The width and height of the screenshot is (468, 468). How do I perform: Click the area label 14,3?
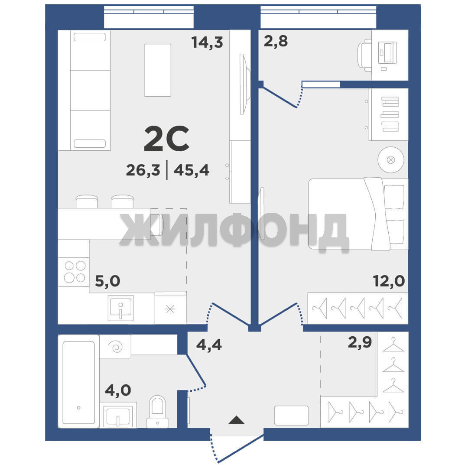(207, 42)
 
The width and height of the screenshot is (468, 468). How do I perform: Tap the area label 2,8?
(276, 41)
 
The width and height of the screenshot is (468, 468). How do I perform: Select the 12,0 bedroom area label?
(389, 281)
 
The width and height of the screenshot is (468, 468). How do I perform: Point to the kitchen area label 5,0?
(108, 281)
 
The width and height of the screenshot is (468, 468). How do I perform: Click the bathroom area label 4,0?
(118, 390)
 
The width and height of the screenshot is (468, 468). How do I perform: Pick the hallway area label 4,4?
(209, 345)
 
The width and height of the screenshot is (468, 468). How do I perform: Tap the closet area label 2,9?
(360, 342)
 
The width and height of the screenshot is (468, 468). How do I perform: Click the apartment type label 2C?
(166, 139)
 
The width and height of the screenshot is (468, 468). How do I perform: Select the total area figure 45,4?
(192, 170)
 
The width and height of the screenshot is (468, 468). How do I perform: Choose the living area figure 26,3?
(143, 170)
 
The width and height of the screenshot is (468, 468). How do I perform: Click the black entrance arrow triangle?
(237, 420)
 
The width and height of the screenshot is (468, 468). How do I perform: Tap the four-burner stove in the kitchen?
(74, 272)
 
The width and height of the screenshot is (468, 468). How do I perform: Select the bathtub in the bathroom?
(78, 381)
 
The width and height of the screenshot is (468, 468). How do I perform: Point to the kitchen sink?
(120, 308)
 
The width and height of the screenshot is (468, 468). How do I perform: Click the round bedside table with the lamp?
(391, 159)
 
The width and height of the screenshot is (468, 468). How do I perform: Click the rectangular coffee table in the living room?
(158, 70)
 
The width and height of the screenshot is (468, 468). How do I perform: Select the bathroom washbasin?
(118, 415)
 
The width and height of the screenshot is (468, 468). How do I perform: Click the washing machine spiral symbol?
(116, 347)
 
